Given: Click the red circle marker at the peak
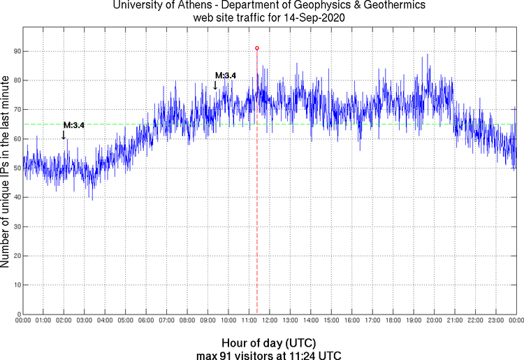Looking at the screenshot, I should [x=257, y=48].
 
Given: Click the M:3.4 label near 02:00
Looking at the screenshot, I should [x=74, y=125].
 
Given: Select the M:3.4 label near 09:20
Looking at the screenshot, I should [x=226, y=75].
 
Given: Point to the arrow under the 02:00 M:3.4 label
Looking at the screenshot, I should [x=64, y=134].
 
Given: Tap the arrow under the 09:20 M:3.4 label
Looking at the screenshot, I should [x=215, y=85].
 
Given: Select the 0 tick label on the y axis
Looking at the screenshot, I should [x=16, y=315].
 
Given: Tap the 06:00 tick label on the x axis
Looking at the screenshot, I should [x=145, y=321].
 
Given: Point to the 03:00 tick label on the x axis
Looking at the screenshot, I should [x=84, y=321].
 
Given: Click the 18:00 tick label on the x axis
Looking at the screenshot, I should [x=393, y=321].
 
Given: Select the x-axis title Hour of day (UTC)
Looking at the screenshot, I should [x=269, y=343].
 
